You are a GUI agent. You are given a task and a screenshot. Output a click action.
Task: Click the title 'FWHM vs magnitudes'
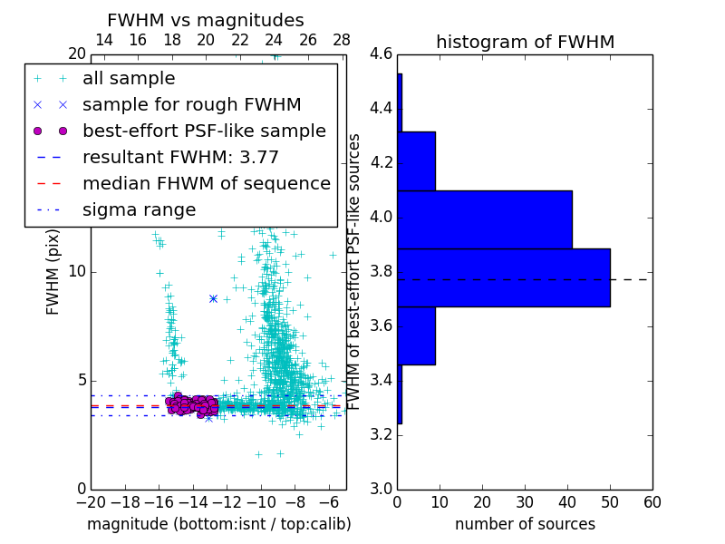point(206,21)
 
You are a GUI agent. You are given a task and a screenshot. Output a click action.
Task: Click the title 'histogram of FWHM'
point(525,43)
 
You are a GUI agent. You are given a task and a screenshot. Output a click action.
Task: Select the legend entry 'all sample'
point(129,79)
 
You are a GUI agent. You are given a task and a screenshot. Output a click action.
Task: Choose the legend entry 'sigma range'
point(139,209)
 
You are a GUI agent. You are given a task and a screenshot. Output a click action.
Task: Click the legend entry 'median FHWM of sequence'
point(207,183)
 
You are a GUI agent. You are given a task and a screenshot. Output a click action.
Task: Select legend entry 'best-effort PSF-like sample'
point(204,131)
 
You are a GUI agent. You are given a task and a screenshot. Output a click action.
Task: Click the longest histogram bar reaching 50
point(504,277)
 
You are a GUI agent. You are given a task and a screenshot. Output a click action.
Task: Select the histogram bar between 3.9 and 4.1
point(485,219)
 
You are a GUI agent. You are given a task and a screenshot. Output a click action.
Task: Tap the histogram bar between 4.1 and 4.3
point(416,161)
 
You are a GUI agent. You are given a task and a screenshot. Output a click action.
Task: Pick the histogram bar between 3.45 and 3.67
point(416,335)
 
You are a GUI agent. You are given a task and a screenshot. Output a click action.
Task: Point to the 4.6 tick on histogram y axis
point(382,54)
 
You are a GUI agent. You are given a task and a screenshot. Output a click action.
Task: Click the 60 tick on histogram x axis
point(652,501)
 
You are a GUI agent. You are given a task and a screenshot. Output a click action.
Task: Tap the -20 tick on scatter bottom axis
point(91,501)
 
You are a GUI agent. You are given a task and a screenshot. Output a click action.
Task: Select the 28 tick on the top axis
point(342,40)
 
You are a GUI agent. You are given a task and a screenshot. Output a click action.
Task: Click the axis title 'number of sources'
point(525,524)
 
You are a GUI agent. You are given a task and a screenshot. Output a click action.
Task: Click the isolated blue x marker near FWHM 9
point(213,298)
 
